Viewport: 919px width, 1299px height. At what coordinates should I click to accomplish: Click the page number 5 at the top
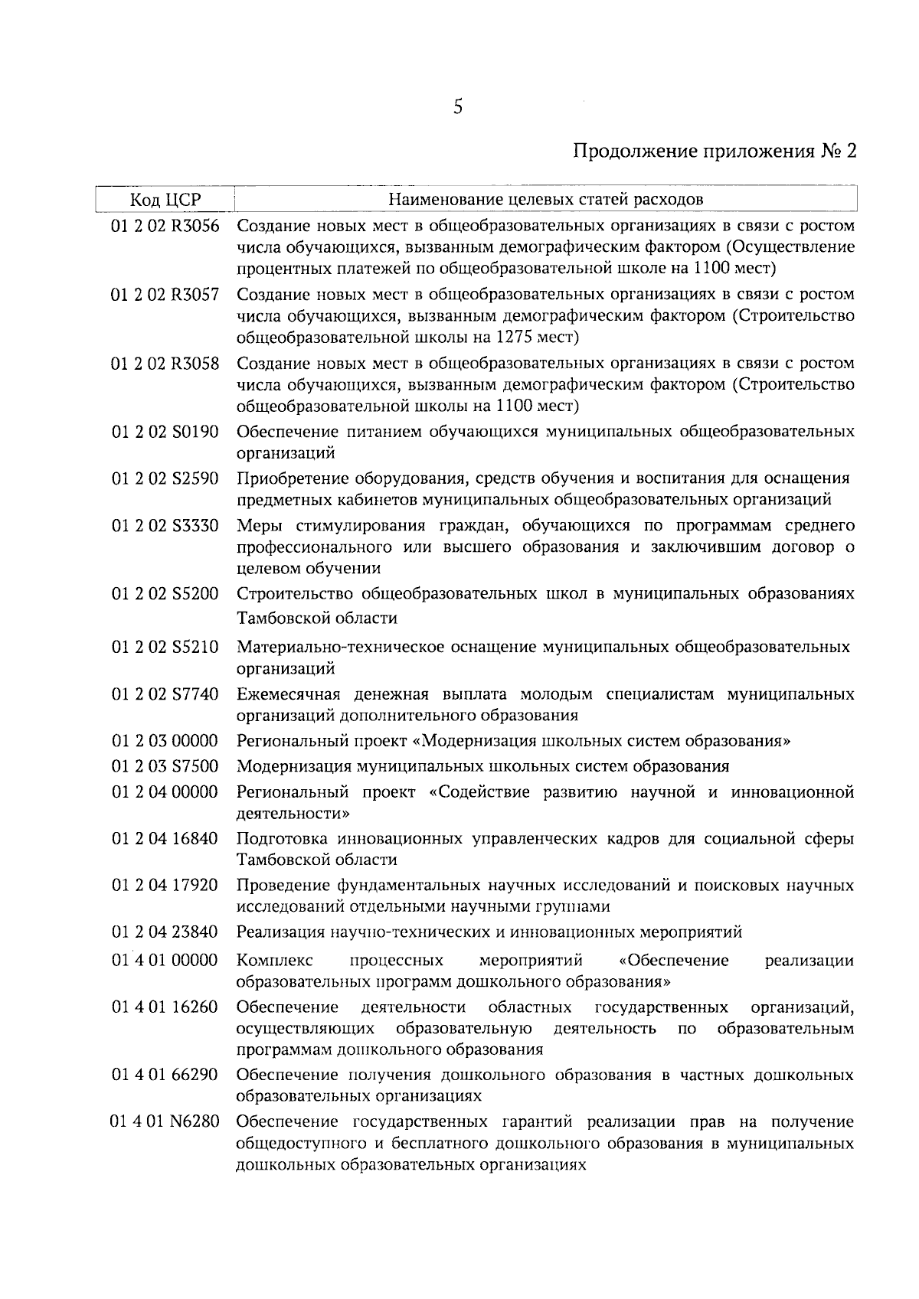coord(458,107)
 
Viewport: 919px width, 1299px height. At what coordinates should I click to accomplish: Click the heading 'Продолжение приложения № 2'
coord(715,150)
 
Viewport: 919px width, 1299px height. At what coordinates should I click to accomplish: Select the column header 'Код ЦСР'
coord(165,200)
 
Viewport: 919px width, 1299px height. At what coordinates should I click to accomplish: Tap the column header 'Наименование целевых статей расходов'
coord(545,200)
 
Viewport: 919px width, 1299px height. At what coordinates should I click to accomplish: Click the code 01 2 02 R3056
coord(165,227)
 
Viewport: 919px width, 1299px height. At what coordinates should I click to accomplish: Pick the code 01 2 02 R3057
coord(165,295)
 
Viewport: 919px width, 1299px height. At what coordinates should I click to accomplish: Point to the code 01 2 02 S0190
coord(165,432)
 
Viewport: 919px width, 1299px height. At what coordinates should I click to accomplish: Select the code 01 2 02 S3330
coord(165,526)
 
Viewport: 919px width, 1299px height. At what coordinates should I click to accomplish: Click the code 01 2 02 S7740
coord(165,694)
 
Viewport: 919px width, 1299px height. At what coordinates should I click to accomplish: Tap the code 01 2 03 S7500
coord(165,766)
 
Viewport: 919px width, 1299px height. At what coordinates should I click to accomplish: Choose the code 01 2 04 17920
coord(165,886)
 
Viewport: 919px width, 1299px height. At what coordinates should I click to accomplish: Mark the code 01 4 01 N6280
coord(165,1122)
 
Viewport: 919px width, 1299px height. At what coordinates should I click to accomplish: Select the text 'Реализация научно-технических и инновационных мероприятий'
coord(489,932)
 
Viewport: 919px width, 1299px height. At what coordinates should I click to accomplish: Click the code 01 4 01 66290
coord(165,1075)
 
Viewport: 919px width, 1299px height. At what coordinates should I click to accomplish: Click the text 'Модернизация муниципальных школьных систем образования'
coord(482,766)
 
